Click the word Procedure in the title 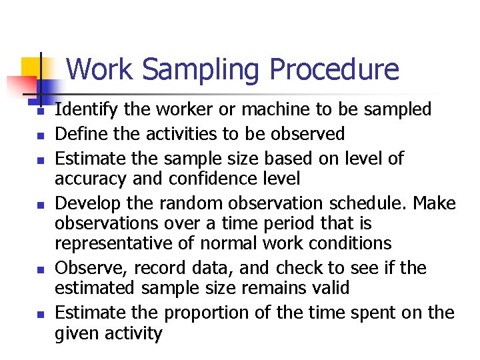coord(335,70)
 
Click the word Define coord(77,134)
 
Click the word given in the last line coord(75,333)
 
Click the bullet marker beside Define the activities coord(39,136)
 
